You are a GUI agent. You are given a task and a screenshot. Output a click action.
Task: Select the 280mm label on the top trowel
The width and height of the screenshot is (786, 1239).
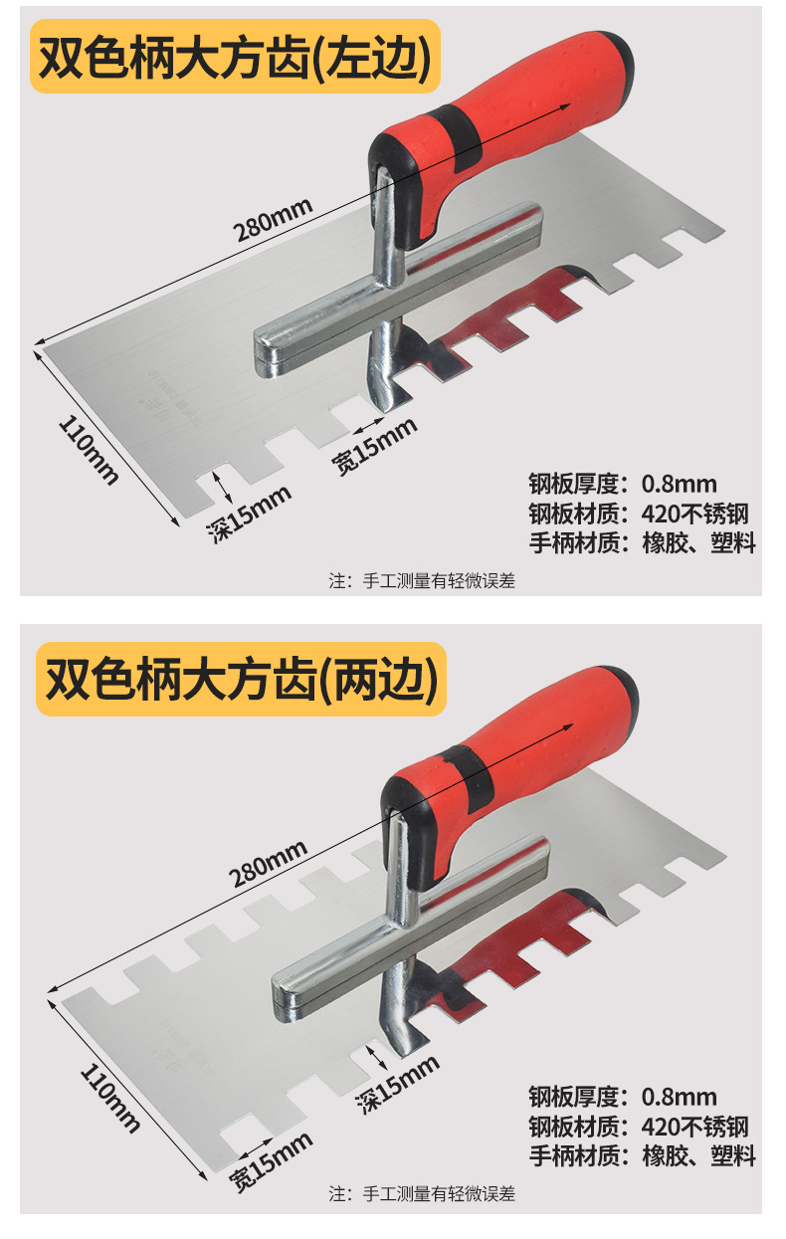pos(273,220)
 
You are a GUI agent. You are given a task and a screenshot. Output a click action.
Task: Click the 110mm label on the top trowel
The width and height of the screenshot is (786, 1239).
pos(89,448)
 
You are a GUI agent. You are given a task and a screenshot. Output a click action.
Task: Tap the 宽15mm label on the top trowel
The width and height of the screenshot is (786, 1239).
pos(374,444)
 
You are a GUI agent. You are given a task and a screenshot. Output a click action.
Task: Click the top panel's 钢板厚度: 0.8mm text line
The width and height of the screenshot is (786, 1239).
pos(622,485)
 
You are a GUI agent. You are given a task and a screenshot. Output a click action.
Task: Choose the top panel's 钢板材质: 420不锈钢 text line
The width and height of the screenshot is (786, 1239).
pos(638,515)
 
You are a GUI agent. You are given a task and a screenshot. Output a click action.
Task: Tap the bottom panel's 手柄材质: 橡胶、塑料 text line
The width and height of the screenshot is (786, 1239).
pos(642,1155)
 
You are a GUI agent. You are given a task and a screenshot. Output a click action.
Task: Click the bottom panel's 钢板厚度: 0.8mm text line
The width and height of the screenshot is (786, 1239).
pos(622,1097)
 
